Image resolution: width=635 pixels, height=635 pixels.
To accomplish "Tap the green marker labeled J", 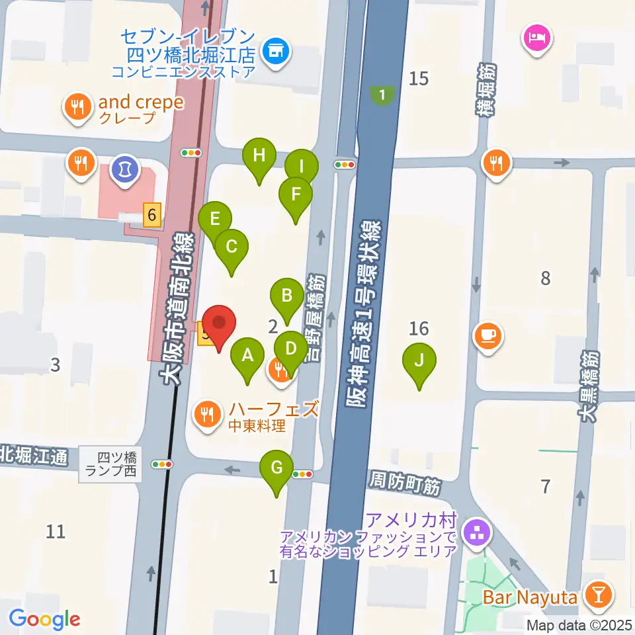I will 419,362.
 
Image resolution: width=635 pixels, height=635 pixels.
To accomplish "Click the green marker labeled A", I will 247,358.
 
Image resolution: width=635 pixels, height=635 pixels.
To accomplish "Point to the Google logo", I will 44,619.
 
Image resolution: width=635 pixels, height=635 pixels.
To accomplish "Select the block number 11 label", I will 56,530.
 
